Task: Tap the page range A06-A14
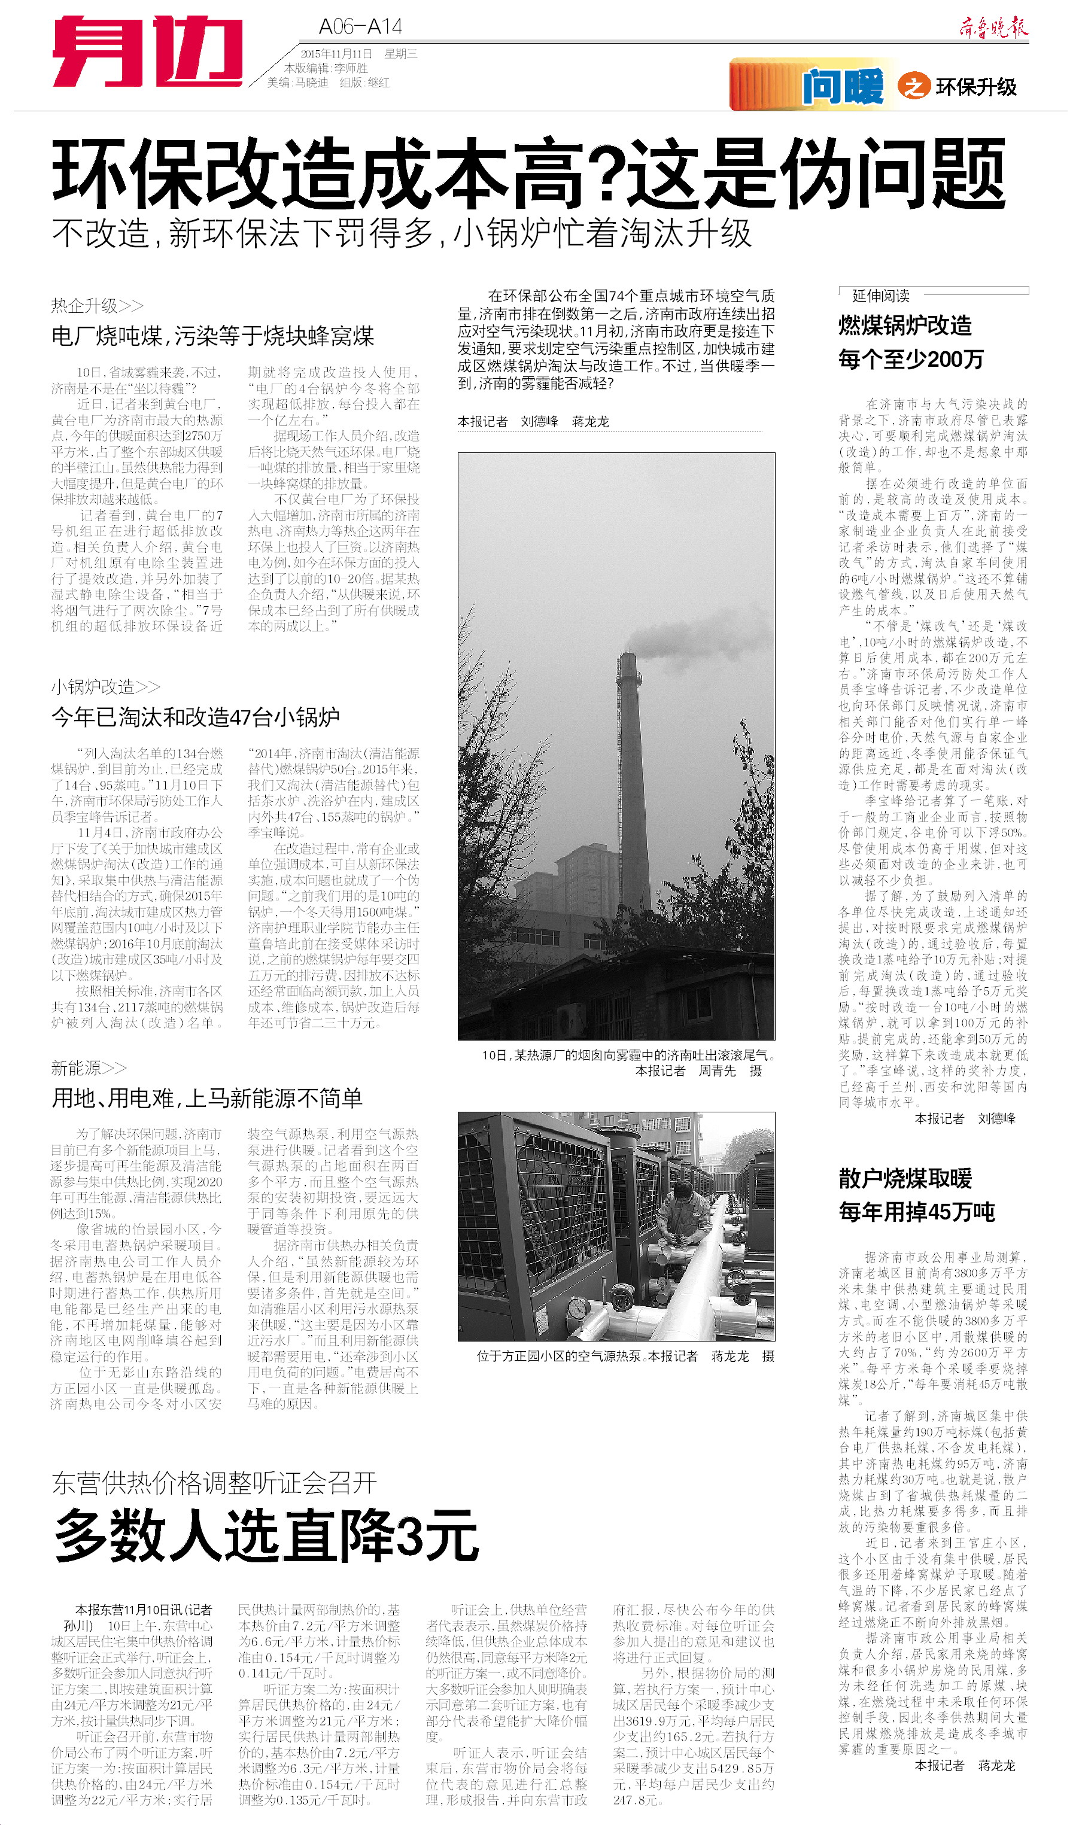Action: point(360,27)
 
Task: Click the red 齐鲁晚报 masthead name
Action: point(993,28)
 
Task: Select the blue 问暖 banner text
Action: point(843,87)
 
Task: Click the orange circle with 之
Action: point(913,87)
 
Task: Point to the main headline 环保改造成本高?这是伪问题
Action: point(528,174)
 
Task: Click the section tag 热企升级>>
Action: point(97,305)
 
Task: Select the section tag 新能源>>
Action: point(88,1067)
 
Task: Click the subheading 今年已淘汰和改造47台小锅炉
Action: point(196,717)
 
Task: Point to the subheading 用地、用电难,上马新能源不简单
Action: point(207,1098)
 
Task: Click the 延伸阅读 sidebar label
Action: point(880,296)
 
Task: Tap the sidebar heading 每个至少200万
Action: point(910,359)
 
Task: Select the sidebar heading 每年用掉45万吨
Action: point(916,1212)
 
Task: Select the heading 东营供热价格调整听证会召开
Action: point(214,1482)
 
